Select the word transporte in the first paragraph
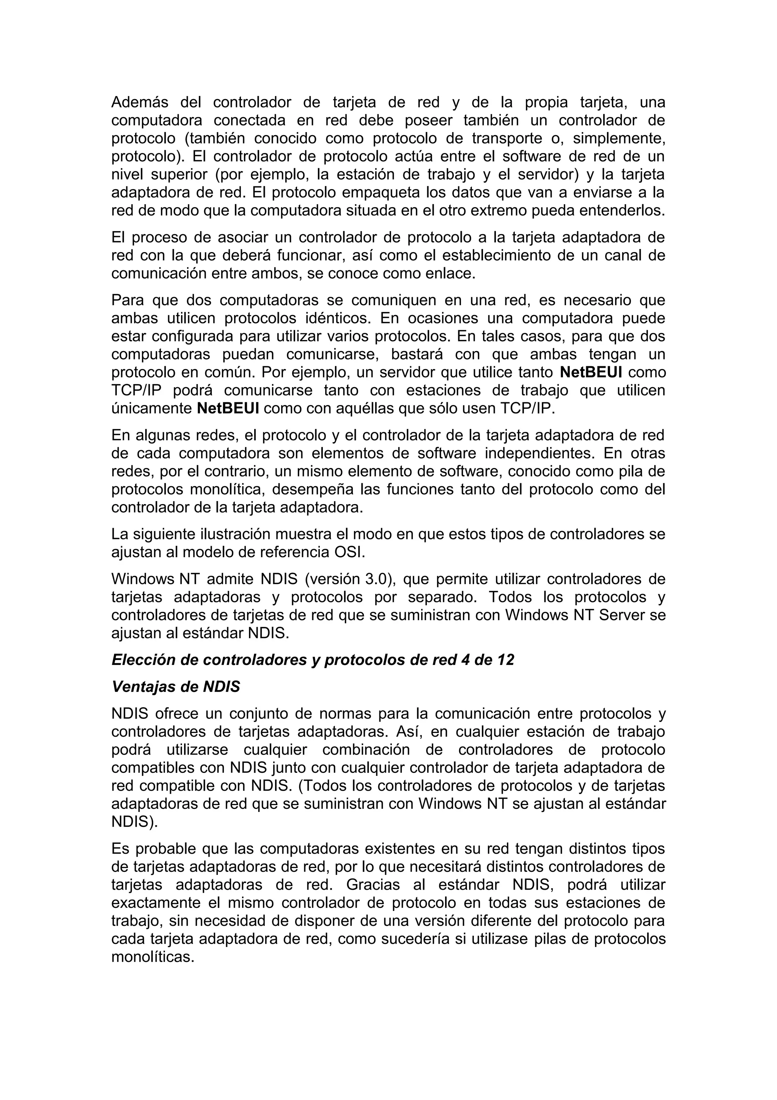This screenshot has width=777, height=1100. [507, 139]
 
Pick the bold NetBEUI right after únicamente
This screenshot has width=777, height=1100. [228, 409]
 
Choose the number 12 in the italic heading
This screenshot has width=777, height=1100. [505, 660]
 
